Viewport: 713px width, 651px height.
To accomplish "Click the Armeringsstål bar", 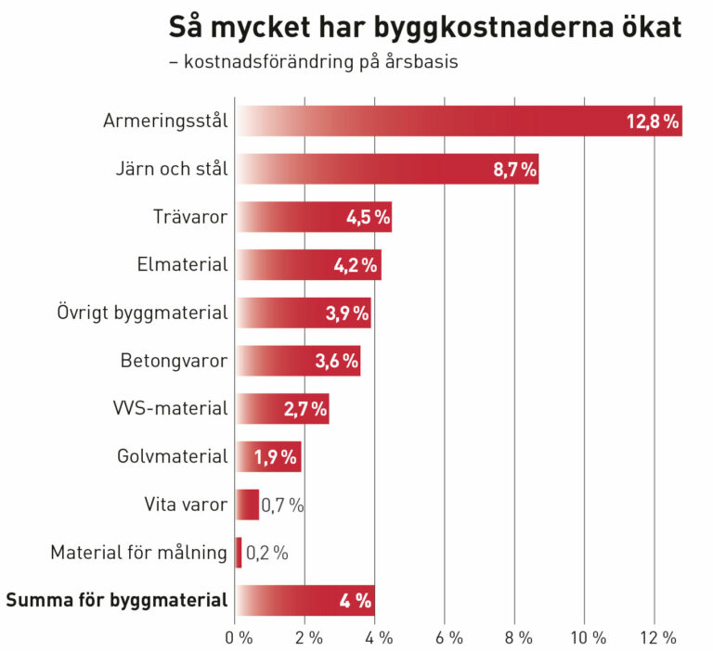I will (x=459, y=121).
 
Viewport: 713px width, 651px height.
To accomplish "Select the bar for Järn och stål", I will (x=387, y=169).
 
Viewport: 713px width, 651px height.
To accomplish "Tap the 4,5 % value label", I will (x=368, y=217).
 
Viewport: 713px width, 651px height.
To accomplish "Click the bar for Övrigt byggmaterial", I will (x=304, y=313).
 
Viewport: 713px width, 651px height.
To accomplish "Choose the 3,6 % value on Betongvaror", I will (x=336, y=361).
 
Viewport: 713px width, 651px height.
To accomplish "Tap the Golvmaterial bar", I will (x=269, y=456).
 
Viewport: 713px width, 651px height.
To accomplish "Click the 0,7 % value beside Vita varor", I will (x=282, y=505).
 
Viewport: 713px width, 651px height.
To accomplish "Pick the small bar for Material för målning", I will (x=239, y=553).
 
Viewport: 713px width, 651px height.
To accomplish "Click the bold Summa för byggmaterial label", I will (x=117, y=600).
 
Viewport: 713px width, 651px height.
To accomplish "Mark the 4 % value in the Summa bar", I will (x=356, y=601).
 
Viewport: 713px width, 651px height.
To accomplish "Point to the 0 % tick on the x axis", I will (x=239, y=637).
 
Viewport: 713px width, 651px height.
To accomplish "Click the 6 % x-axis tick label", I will (x=448, y=637).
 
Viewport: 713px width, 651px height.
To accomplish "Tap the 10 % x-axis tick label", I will (x=587, y=637).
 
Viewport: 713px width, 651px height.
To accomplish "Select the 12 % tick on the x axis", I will (x=656, y=637).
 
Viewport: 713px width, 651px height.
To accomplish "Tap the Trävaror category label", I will (x=190, y=217).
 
